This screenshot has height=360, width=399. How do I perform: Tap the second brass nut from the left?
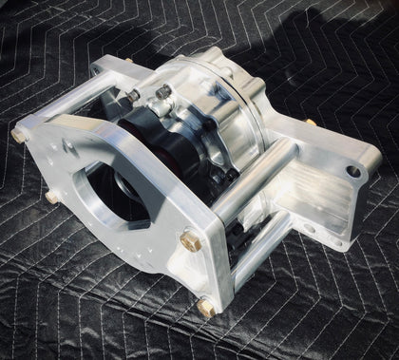(49, 199)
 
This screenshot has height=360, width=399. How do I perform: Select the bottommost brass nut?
(204, 306)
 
